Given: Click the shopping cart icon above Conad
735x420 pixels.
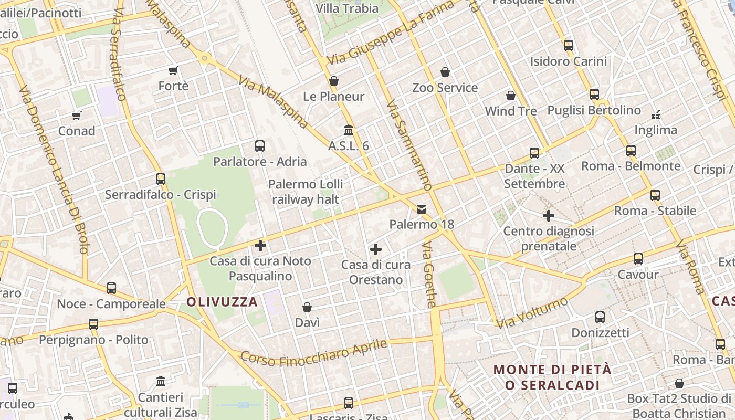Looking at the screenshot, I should tap(77, 115).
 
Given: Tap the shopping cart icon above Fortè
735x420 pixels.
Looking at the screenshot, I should tap(173, 70).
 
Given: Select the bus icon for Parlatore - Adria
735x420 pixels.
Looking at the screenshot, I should tap(260, 146).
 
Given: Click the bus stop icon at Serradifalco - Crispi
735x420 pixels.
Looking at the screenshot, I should tap(161, 179).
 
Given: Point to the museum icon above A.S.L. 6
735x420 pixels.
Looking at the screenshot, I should tap(349, 130).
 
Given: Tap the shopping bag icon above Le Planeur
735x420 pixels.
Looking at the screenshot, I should tap(334, 81).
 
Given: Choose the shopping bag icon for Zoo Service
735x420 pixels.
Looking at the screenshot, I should tap(445, 72).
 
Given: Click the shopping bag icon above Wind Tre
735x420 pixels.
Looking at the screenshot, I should tap(511, 96).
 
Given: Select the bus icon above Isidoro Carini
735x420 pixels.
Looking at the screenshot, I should tap(569, 46).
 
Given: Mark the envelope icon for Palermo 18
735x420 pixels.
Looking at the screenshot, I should tap(422, 209).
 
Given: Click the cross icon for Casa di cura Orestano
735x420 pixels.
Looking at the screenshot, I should tap(376, 249).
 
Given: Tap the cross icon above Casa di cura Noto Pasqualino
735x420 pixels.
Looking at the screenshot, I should tap(260, 245).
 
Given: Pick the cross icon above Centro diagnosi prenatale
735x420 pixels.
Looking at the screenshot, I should tap(549, 216).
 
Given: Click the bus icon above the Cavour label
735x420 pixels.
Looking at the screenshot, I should tap(638, 259).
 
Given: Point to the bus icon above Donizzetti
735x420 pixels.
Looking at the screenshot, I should tap(600, 317).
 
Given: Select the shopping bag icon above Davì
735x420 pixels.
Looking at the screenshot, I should tap(307, 307).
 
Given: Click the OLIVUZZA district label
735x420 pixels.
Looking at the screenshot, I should tap(222, 302).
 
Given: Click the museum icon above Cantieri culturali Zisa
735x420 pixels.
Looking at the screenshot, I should tap(161, 381).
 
